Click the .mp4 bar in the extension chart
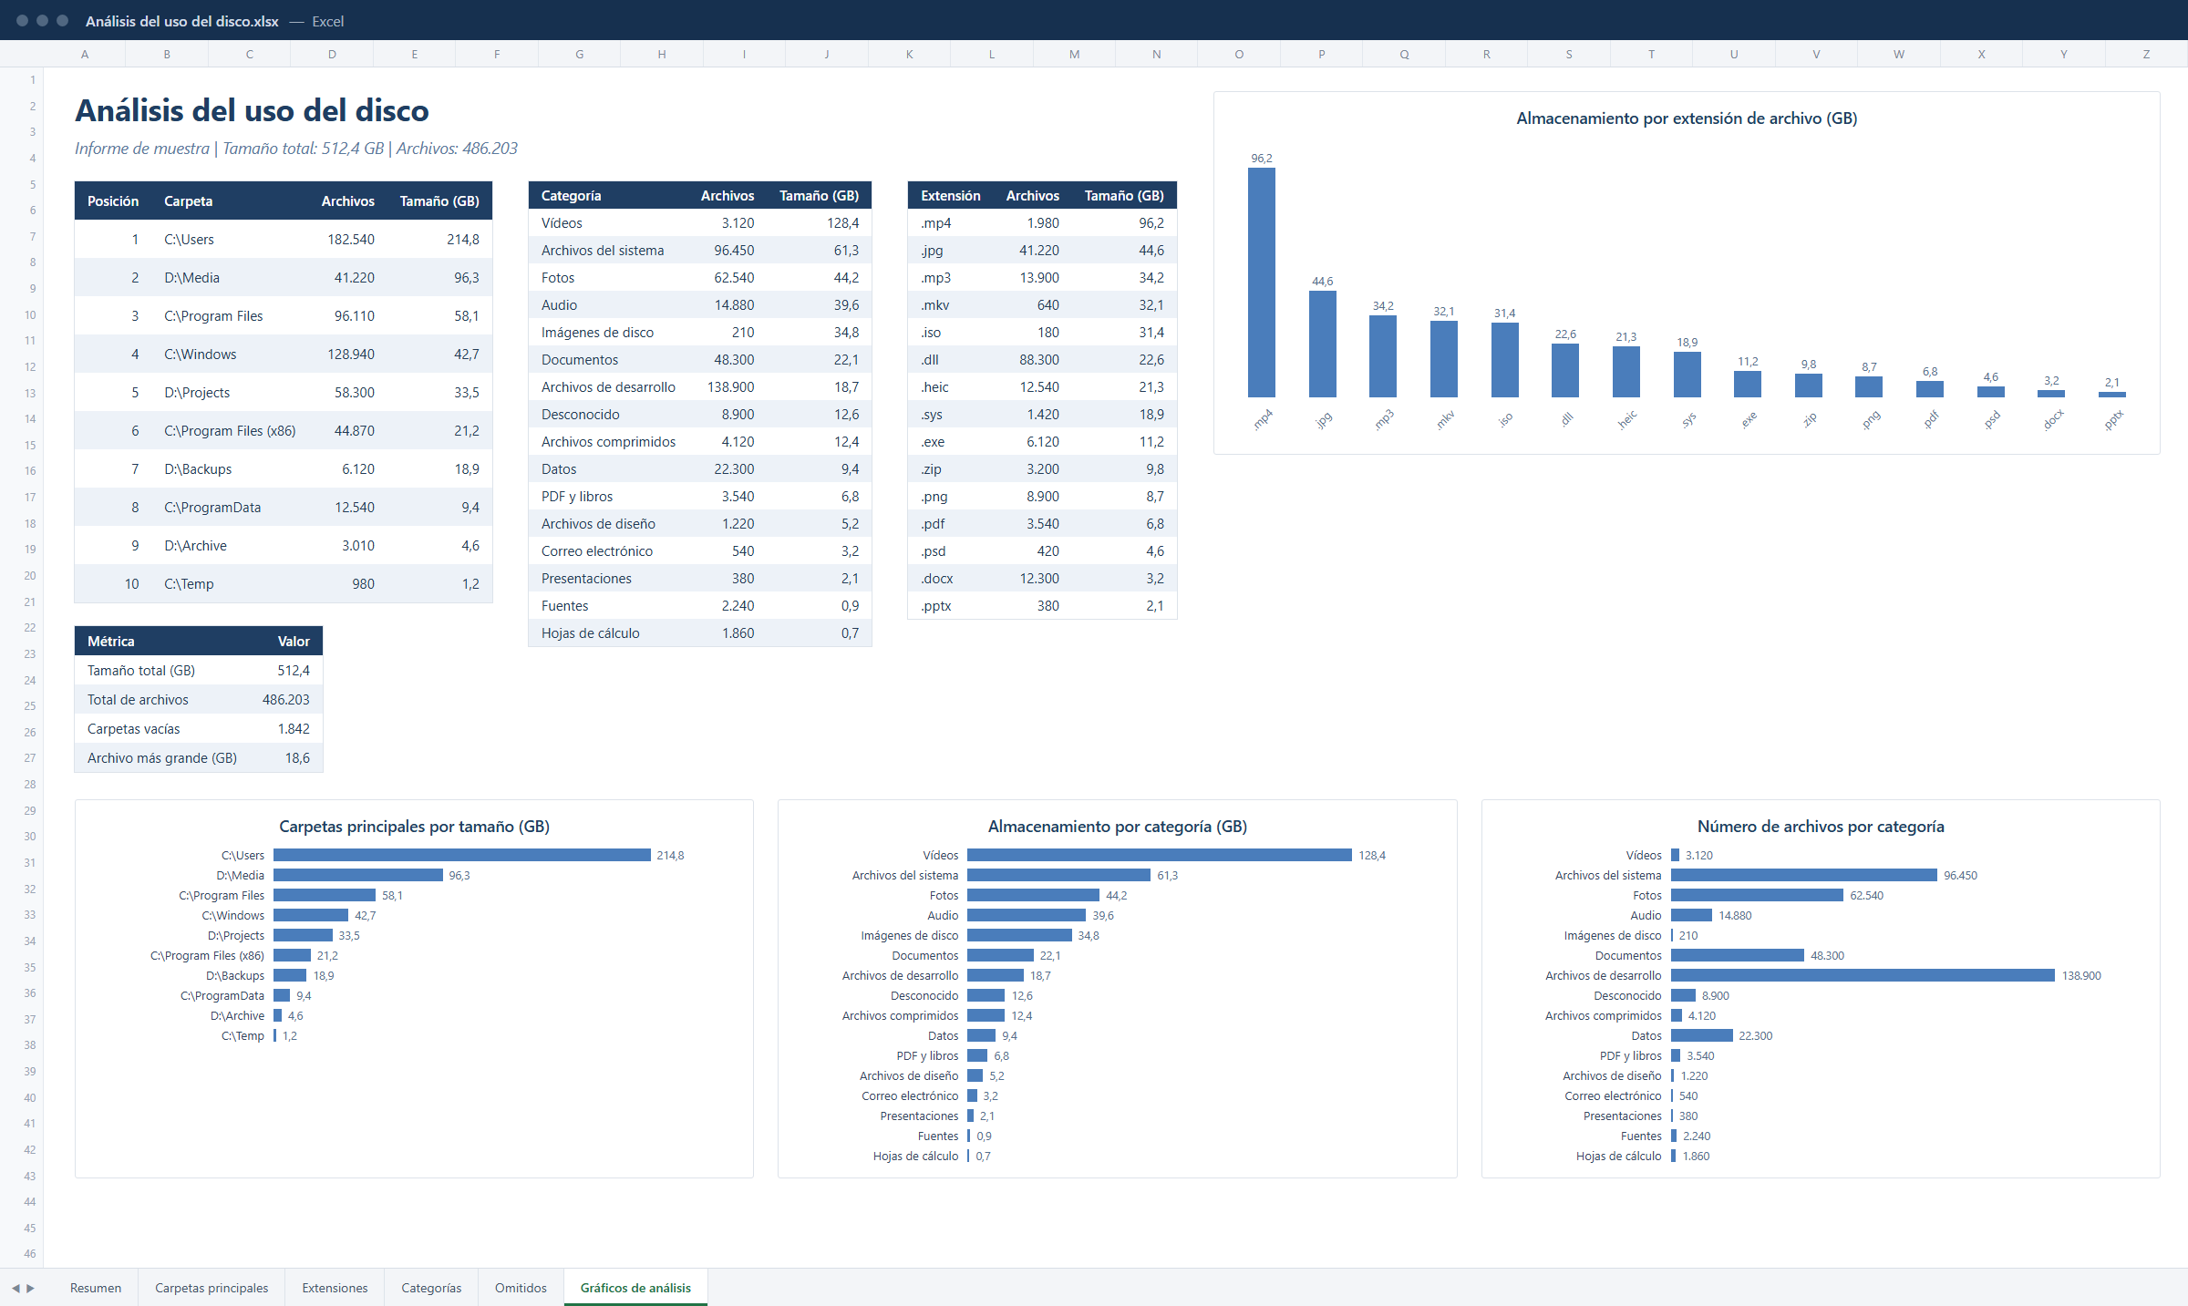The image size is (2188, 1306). tap(1261, 283)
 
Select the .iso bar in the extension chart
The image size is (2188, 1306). tap(1504, 360)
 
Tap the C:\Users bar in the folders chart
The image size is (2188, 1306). tap(461, 855)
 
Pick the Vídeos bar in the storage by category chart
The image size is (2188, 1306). tap(1160, 855)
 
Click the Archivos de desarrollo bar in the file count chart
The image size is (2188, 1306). tap(1863, 975)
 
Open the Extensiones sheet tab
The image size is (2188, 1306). tap(335, 1288)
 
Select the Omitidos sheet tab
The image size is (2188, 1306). tap(521, 1288)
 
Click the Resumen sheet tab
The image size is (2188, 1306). tap(96, 1288)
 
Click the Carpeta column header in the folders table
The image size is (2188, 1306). tap(188, 201)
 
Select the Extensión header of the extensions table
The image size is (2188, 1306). tap(950, 196)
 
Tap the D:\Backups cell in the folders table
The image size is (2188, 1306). tap(198, 469)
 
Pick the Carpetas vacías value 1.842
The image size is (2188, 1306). tap(294, 729)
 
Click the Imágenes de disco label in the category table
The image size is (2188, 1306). tap(597, 333)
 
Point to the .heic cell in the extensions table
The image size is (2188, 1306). tap(934, 387)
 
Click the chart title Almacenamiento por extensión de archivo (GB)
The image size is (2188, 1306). tap(1687, 118)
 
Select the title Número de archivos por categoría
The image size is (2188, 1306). tap(1821, 827)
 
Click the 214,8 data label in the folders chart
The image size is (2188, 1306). tap(670, 856)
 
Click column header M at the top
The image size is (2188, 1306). tap(1074, 55)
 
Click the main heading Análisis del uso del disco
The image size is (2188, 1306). tap(252, 111)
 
